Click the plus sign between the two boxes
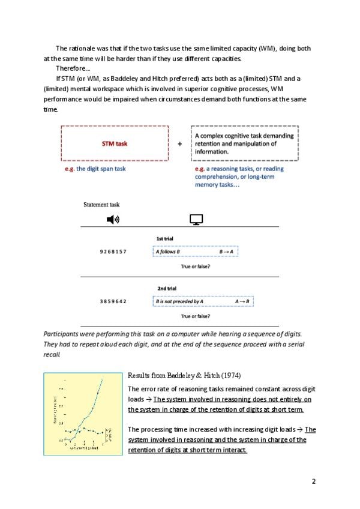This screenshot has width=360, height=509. [x=179, y=144]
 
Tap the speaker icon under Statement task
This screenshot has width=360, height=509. [x=113, y=219]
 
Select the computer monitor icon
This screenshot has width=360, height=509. [x=195, y=220]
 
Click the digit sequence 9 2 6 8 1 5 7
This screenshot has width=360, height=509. [x=113, y=251]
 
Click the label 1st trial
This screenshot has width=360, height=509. [x=165, y=239]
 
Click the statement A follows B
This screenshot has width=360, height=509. [x=172, y=251]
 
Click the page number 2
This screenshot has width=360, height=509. [x=313, y=481]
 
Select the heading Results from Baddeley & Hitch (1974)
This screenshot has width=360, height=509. [x=184, y=376]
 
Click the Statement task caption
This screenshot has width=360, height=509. [x=101, y=205]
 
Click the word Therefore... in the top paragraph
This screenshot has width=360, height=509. [x=73, y=68]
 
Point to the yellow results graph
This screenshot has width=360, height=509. [x=83, y=414]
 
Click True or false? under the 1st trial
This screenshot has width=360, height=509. [x=195, y=266]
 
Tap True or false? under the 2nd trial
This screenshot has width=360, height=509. [x=195, y=315]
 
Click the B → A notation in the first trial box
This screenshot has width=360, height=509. [x=226, y=251]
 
